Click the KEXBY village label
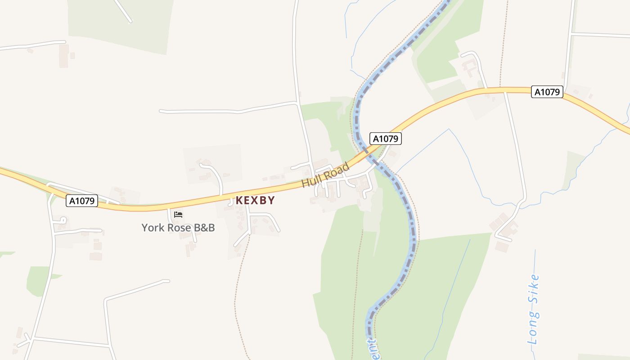255,200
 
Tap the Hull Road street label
325,175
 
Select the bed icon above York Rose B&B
178,215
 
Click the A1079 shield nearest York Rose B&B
82,201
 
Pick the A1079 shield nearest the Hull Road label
385,139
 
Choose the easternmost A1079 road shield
547,92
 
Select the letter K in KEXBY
239,200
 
